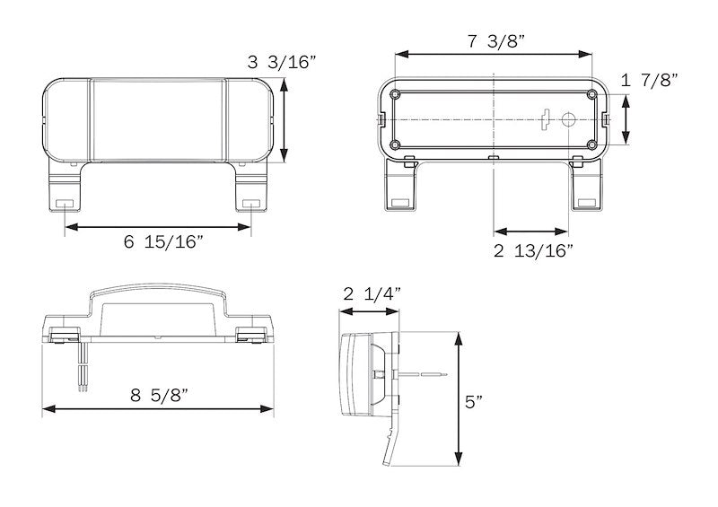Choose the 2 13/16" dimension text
[533, 251]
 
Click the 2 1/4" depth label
[372, 293]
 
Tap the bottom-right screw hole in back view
[592, 144]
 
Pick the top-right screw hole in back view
[592, 93]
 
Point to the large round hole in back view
[567, 118]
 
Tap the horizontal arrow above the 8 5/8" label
[158, 409]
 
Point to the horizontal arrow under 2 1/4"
[371, 312]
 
